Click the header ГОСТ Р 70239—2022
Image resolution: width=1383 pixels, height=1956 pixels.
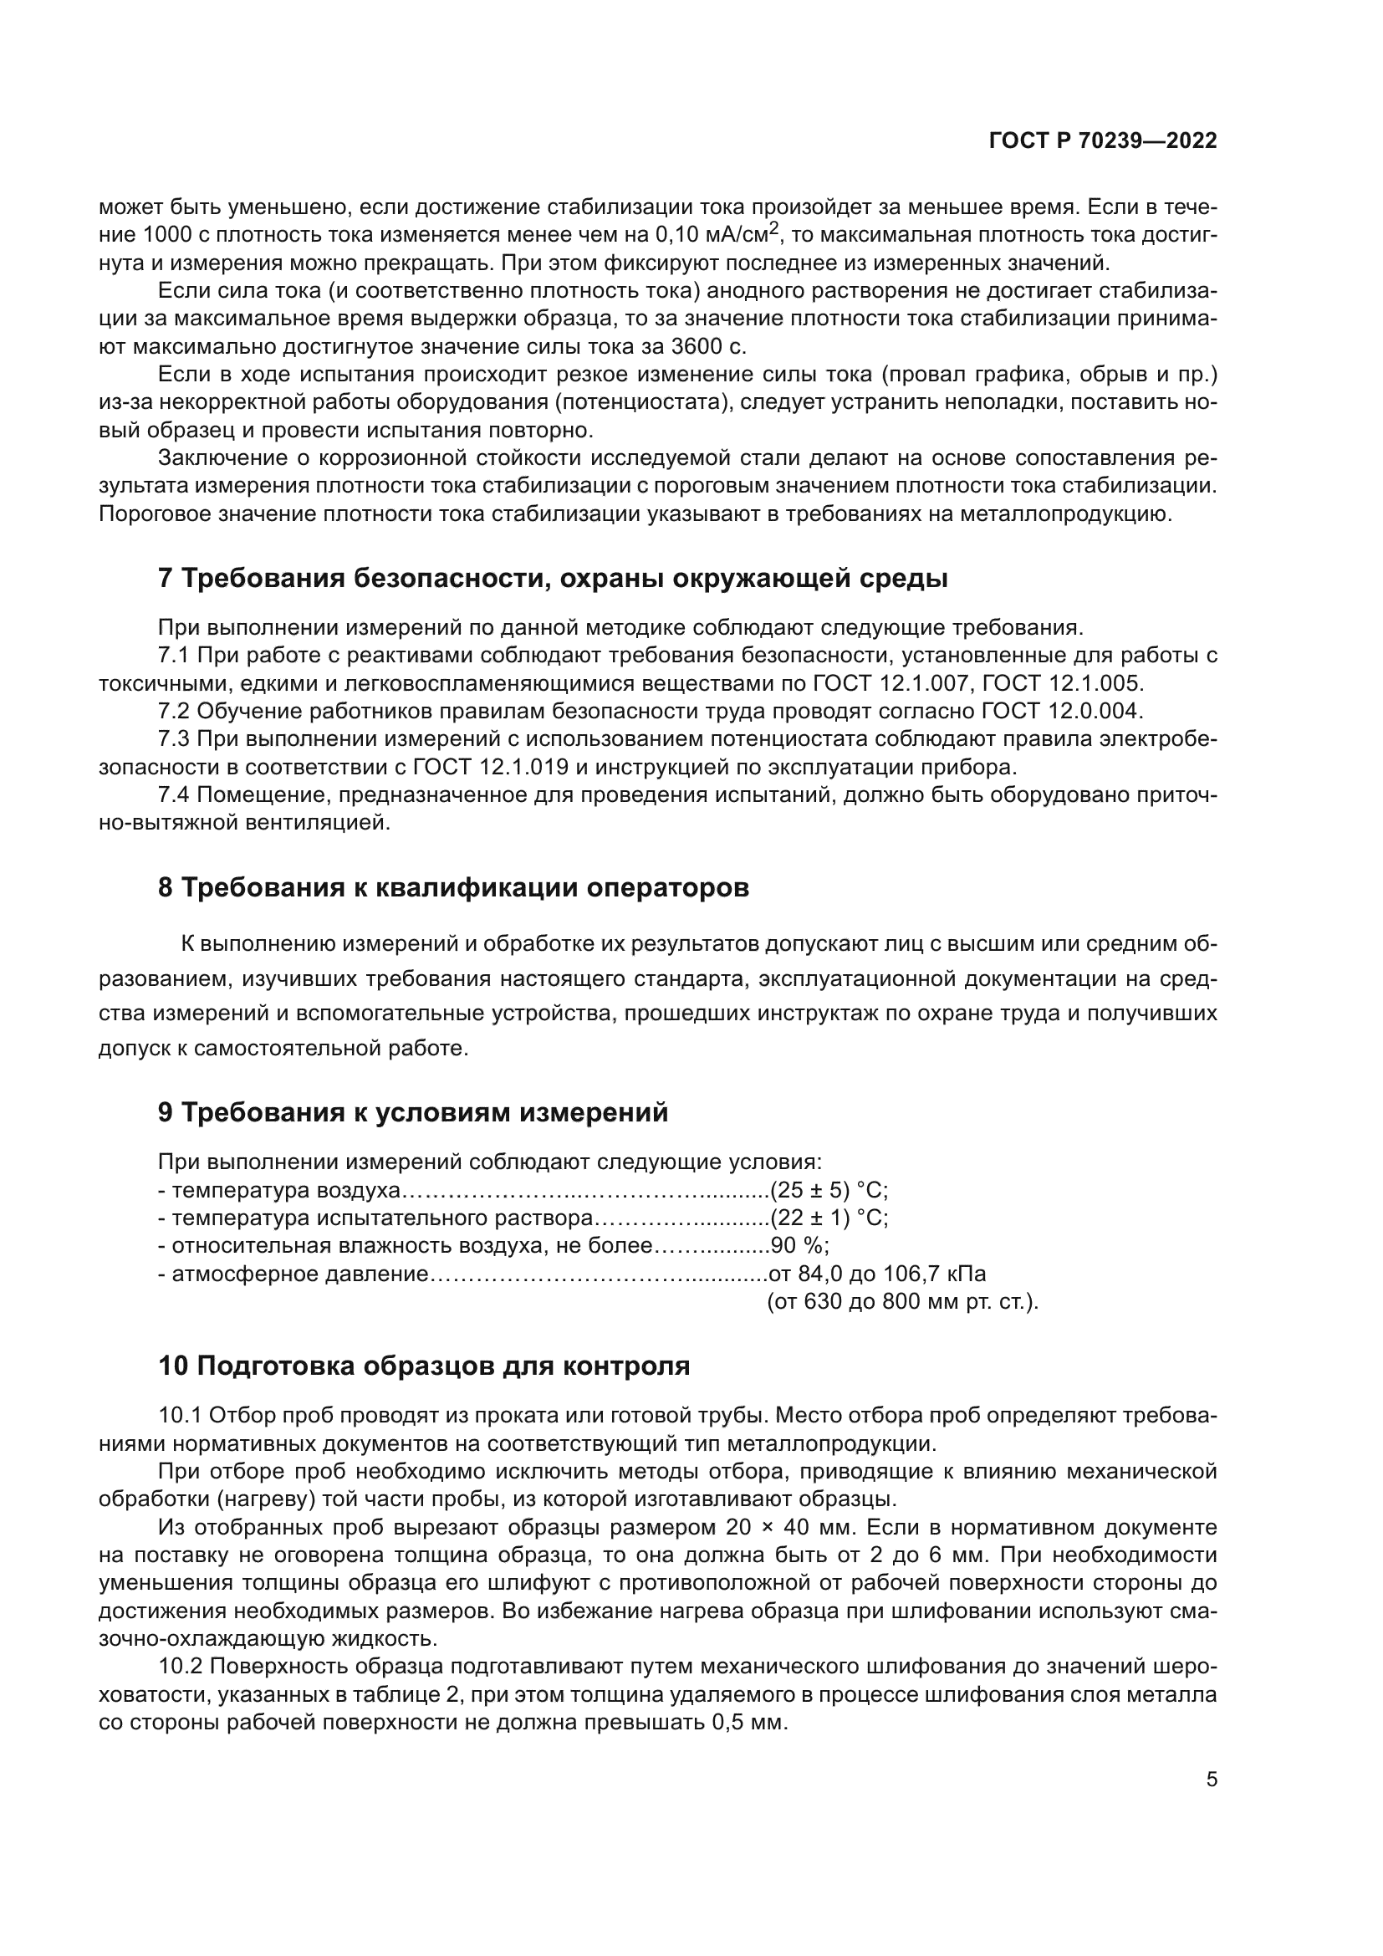pos(1103,140)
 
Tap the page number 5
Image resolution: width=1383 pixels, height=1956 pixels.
pos(1212,1780)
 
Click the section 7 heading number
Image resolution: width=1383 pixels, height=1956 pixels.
pos(166,579)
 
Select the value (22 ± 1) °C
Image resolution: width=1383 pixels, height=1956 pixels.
pos(829,1218)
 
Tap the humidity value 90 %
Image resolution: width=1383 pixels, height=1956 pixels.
pos(798,1246)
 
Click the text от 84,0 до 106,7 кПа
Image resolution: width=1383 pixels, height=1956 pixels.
pos(877,1274)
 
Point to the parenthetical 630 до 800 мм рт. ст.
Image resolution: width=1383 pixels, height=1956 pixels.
pos(903,1303)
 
